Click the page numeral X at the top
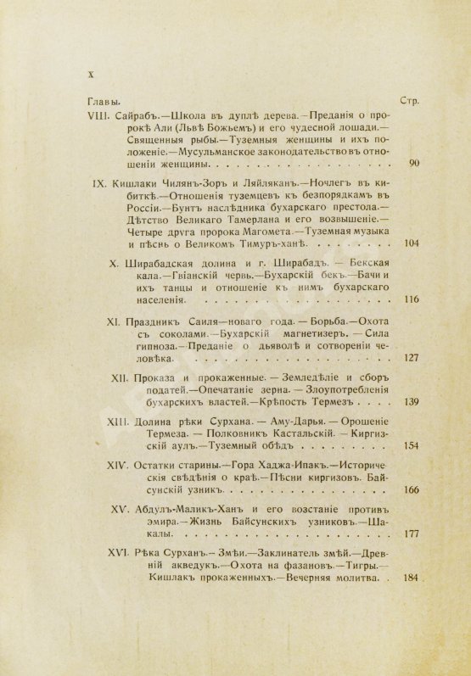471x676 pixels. (89, 75)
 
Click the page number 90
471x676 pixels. (391, 163)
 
